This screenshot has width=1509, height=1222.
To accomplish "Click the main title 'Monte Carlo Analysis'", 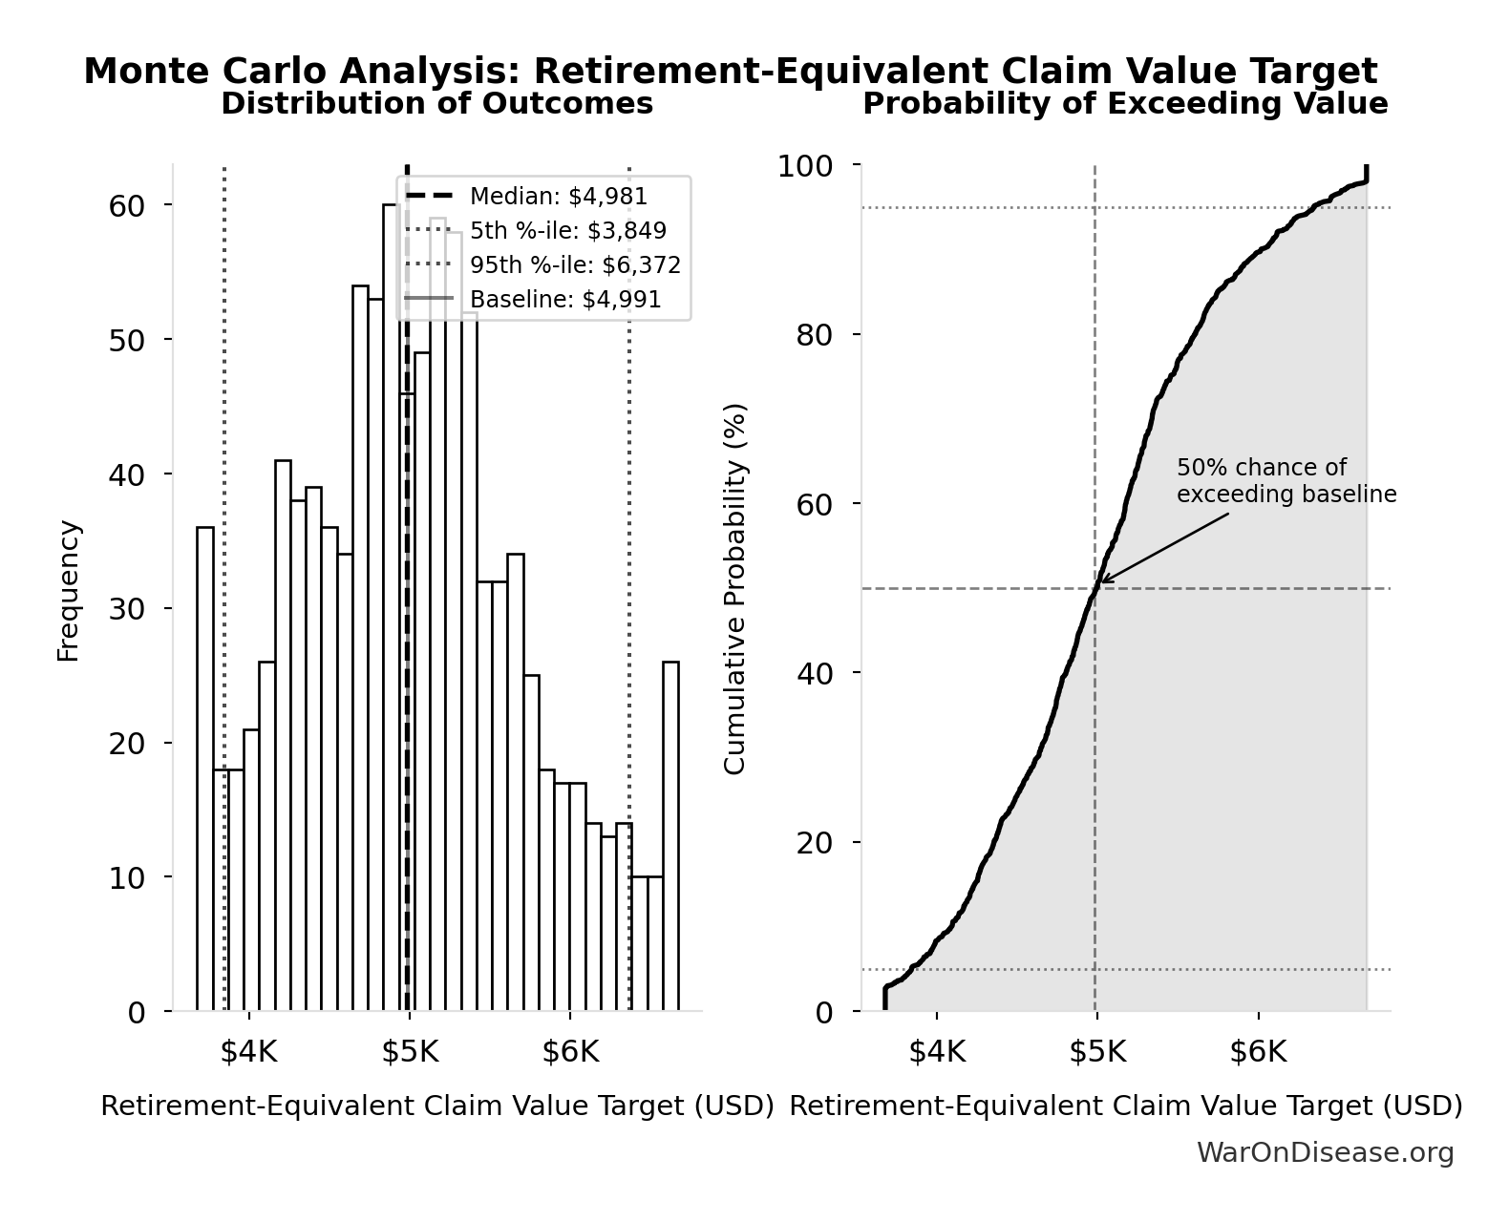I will (x=730, y=72).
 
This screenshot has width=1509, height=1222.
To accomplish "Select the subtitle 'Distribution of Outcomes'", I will (x=436, y=103).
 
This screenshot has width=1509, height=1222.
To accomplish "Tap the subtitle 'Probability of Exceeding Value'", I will (x=1125, y=103).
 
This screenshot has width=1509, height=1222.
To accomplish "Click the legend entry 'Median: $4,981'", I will (x=558, y=197).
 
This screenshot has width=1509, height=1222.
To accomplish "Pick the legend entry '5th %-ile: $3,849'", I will (x=567, y=231).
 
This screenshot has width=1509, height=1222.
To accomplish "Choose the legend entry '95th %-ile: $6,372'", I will (x=575, y=265).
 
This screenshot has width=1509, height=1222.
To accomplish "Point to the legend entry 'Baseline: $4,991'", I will (x=565, y=300).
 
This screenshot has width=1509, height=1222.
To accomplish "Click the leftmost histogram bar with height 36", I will (x=205, y=769).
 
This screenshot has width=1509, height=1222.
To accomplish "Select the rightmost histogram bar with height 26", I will (x=671, y=835).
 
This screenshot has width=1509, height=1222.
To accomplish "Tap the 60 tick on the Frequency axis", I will (x=126, y=206).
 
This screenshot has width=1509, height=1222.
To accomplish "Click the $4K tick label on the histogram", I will (x=248, y=1052).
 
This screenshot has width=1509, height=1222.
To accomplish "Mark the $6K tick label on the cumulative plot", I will (x=1258, y=1052).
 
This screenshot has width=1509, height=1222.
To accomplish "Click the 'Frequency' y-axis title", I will (x=69, y=591).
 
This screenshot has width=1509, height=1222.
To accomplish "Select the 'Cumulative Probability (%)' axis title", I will (x=734, y=589).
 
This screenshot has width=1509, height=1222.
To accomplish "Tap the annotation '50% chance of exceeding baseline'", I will (x=1286, y=481).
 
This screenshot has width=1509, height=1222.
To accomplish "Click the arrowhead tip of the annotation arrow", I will (x=1101, y=582).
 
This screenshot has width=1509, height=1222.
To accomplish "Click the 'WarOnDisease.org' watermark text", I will (x=1325, y=1153).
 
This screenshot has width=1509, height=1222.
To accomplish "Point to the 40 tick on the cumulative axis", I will (x=814, y=673).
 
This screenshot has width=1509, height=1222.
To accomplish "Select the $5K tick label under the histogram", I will (x=410, y=1052).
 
